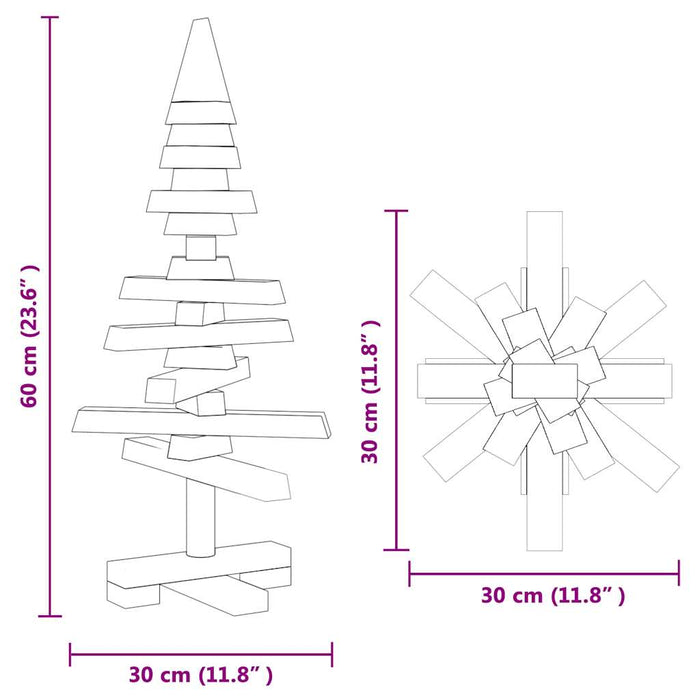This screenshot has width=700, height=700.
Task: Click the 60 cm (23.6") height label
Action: [31, 336]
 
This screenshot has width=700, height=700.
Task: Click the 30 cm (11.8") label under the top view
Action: [552, 596]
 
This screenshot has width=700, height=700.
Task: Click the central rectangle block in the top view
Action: [545, 380]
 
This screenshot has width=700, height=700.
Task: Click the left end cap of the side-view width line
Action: [70, 654]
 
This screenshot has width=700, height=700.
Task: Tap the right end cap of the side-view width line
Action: [332, 654]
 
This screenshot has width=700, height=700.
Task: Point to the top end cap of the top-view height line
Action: [398, 211]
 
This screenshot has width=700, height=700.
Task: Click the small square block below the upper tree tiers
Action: [202, 246]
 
